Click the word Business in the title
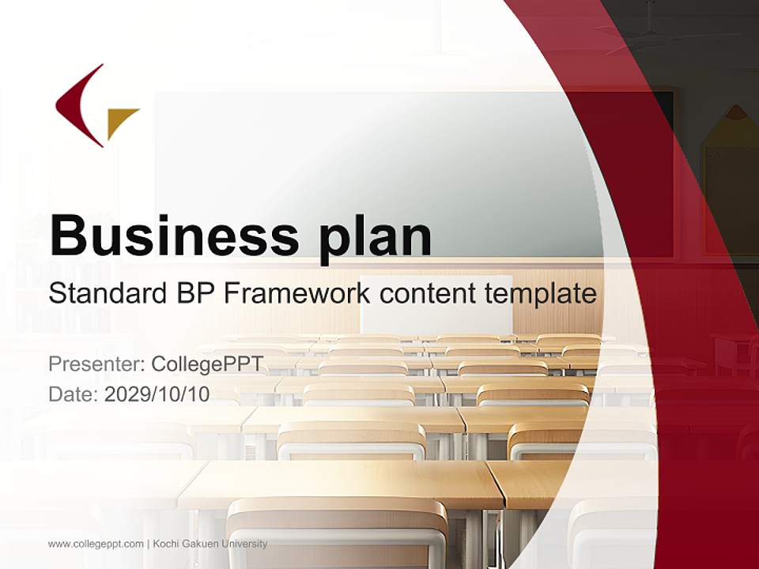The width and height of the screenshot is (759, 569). pos(174,236)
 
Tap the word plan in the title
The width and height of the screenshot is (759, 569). pos(375,239)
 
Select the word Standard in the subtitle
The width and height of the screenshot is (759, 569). pos(108,293)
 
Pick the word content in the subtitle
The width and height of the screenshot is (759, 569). pos(428,294)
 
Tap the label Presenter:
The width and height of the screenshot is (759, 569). pos(96,364)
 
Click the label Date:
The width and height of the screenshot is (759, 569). pos(74,394)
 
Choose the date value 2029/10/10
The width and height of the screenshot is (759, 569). pos(157,394)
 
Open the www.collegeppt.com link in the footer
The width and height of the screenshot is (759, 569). pos(96,545)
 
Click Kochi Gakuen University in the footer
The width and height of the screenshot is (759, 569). pos(210,544)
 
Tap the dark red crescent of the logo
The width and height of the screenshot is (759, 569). pos(77,105)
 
